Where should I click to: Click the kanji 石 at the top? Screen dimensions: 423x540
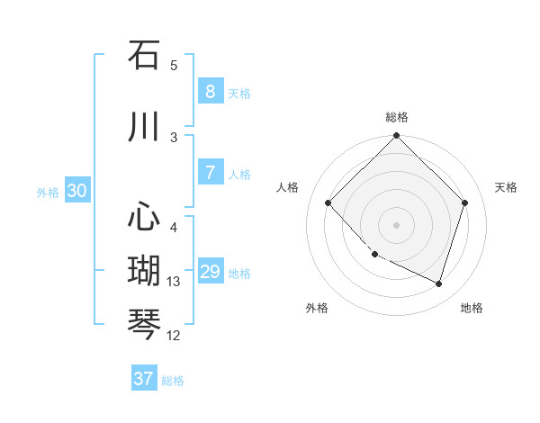coord(144,55)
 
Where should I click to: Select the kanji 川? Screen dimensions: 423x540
coord(144,127)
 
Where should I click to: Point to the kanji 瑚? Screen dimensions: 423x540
coord(144,271)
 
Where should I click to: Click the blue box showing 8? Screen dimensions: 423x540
coord(210,92)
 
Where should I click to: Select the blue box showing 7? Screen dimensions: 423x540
coord(210,173)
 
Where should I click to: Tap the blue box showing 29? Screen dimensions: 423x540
coord(210,272)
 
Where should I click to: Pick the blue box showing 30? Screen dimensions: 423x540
coord(76,191)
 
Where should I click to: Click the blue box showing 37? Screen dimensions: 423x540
coord(143,379)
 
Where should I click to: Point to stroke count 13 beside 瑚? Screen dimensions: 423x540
coord(174,282)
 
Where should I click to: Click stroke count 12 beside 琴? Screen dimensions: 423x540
coord(174,336)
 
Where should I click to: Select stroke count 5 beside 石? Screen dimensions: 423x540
coord(174,66)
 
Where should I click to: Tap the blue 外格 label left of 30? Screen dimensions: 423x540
coord(48,192)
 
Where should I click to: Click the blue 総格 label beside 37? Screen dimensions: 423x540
coord(173,381)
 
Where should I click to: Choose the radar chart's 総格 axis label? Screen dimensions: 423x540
coord(396,117)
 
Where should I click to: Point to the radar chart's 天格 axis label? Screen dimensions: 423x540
coord(507,187)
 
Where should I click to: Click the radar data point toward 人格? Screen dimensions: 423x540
coord(328,203)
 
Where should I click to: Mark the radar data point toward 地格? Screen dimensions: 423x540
coord(438,283)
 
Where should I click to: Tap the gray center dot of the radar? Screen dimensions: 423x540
coord(396,225)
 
